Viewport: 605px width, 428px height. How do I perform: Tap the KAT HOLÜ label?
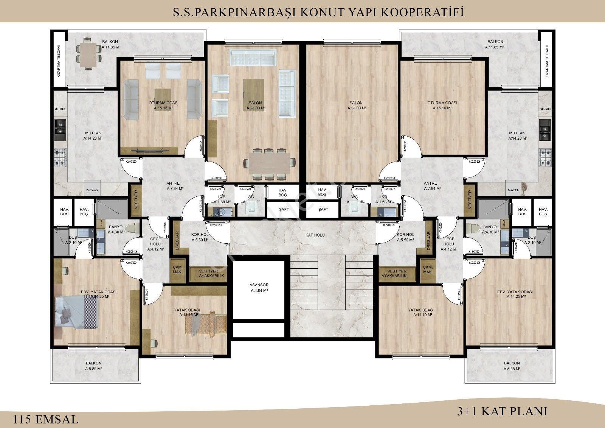(x=315, y=235)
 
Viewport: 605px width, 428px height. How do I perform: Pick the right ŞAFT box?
(x=323, y=210)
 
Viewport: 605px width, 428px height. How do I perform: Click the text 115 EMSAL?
(x=46, y=419)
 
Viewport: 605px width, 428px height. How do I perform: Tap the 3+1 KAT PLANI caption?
(x=502, y=411)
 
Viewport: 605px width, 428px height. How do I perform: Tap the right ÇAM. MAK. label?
(x=428, y=270)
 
